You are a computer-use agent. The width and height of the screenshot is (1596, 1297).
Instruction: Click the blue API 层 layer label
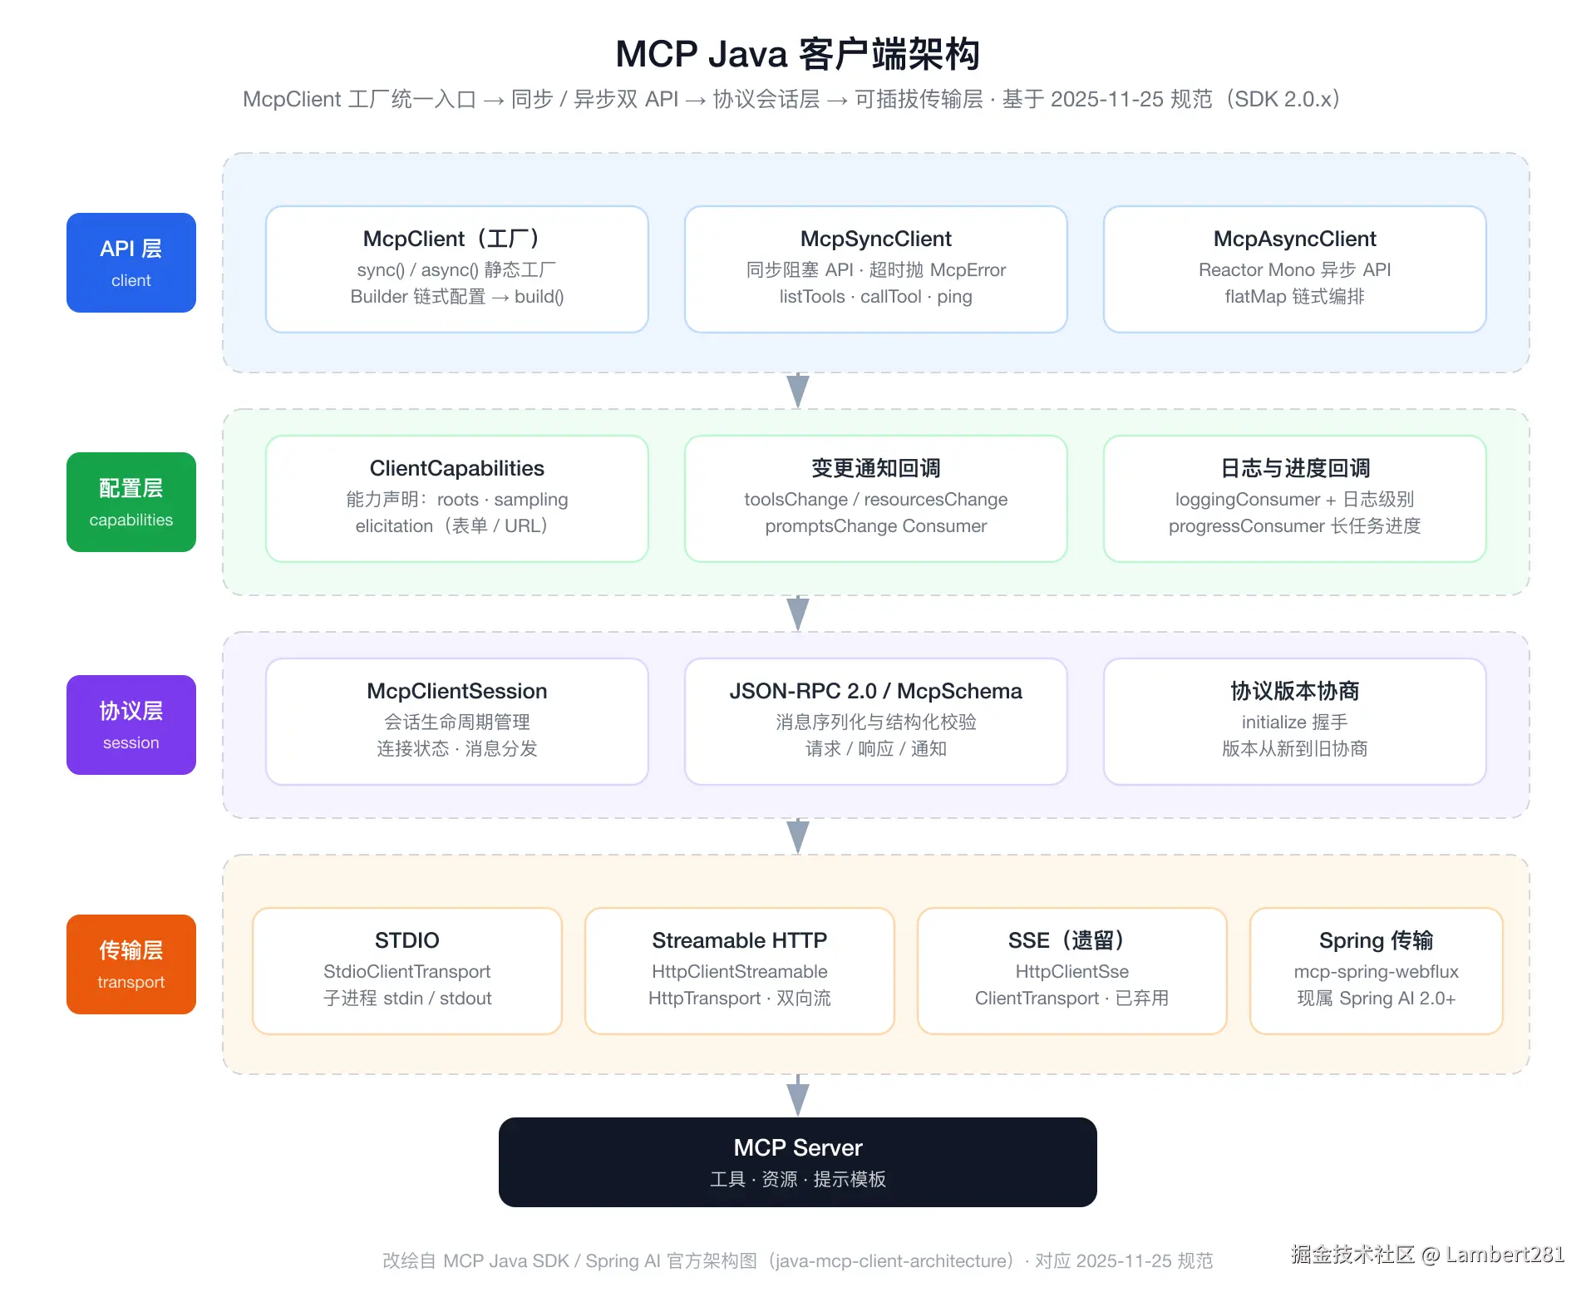131,263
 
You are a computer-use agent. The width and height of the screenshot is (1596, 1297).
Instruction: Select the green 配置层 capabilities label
131,502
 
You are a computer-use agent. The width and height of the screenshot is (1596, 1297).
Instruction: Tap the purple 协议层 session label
131,725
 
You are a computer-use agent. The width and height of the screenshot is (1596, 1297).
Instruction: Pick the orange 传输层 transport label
131,964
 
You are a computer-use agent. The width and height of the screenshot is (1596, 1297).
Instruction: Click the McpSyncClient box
876,269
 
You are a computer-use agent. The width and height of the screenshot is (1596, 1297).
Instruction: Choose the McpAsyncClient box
1295,269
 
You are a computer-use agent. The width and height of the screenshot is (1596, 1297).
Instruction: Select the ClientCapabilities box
457,499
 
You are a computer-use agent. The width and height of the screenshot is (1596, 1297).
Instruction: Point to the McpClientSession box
457,722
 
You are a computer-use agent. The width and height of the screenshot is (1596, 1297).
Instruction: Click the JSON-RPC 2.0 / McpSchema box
876,722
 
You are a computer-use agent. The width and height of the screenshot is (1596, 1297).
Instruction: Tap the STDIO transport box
407,971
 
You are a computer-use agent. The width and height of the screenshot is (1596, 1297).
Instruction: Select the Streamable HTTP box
740,971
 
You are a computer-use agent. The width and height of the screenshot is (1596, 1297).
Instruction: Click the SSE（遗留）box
1072,971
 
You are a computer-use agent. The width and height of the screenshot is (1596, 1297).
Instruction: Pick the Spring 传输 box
1377,971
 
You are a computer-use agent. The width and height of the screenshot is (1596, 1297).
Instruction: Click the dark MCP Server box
798,1162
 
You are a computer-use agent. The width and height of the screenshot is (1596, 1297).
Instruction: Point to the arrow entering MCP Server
798,1096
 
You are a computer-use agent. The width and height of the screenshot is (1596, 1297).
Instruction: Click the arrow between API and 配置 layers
798,391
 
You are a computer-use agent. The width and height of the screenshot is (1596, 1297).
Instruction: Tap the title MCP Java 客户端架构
798,54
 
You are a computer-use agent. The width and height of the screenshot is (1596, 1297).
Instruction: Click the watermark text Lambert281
1505,1254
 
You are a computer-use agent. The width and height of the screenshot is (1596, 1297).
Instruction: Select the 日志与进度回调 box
1295,499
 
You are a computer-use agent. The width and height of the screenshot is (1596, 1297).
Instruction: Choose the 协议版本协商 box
1295,722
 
